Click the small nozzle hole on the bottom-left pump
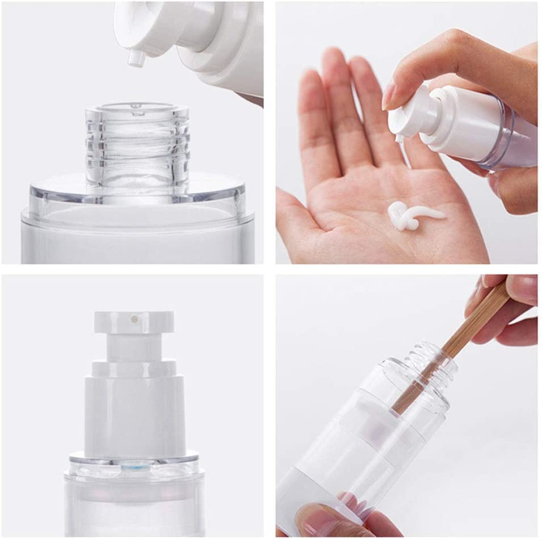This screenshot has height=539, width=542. (x=134, y=319)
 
